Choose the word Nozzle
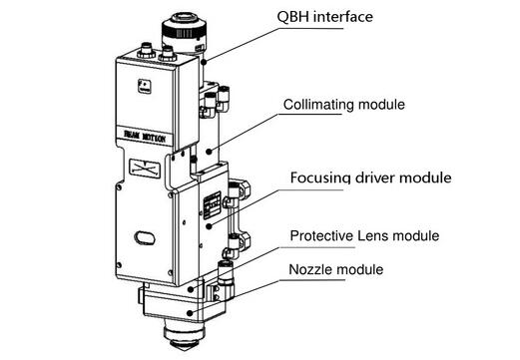coord(312,269)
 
